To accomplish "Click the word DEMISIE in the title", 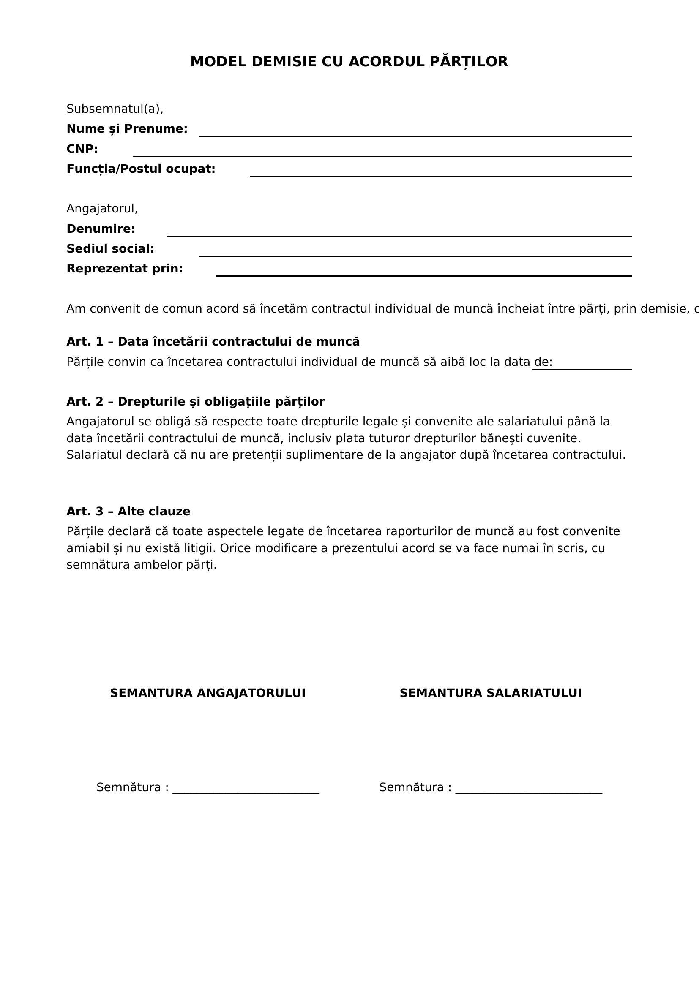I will point(284,62).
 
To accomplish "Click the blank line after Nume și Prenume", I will point(415,135).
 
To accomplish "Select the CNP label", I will point(82,149).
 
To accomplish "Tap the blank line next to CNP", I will point(382,155).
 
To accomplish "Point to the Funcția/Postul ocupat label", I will point(141,169).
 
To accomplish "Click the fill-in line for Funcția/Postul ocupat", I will point(440,175).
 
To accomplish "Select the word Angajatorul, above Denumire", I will point(102,209).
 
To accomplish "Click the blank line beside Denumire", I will point(399,235).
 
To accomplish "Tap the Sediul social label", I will point(110,249).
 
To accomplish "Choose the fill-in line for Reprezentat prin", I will point(424,275).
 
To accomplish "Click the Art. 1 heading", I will point(213,342).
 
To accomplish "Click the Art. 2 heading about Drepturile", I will point(195,401).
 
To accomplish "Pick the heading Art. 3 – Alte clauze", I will point(128,511).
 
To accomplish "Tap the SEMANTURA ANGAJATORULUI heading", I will point(208,693).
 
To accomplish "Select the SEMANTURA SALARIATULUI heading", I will point(490,693).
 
